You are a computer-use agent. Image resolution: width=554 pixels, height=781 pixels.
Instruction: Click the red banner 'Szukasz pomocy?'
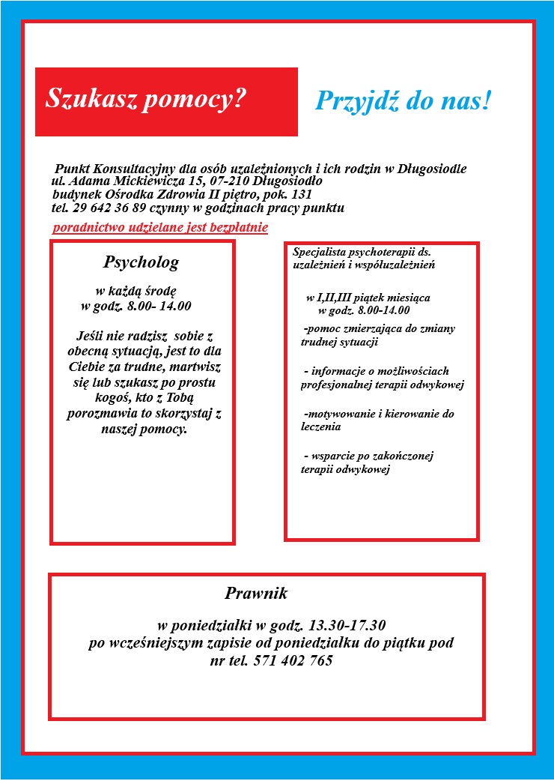[x=166, y=101]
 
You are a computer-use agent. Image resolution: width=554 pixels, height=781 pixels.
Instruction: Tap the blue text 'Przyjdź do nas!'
[x=403, y=101]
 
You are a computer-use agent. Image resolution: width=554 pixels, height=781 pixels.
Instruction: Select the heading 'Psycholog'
[x=141, y=262]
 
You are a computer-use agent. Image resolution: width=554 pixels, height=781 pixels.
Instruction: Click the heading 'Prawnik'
[x=255, y=594]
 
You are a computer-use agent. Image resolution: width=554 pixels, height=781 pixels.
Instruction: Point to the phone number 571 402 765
[x=294, y=661]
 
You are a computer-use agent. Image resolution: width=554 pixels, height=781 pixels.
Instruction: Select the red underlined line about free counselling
[x=160, y=227]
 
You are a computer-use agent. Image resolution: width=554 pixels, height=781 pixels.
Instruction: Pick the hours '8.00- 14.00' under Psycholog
[x=158, y=306]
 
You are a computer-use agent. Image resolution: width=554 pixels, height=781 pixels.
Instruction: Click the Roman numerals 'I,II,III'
[x=334, y=298]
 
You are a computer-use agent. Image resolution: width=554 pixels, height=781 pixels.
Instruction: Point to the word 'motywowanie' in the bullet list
[x=338, y=414]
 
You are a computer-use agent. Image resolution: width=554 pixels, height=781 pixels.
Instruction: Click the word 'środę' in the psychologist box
[x=157, y=291]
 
